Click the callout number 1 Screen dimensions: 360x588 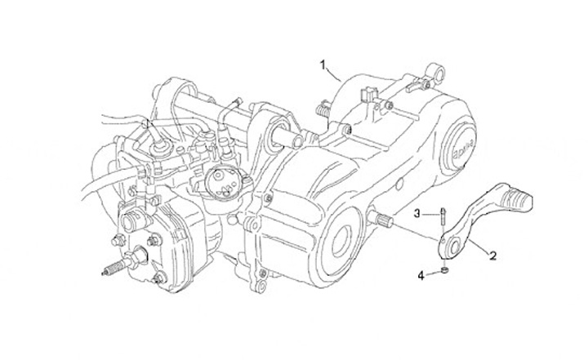[323, 63]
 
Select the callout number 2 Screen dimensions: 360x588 [492, 256]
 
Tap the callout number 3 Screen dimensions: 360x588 [416, 214]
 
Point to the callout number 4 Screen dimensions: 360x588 [421, 276]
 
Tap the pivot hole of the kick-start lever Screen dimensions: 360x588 [450, 244]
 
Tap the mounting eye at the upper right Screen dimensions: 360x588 [439, 74]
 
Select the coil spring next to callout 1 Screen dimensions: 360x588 [323, 106]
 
